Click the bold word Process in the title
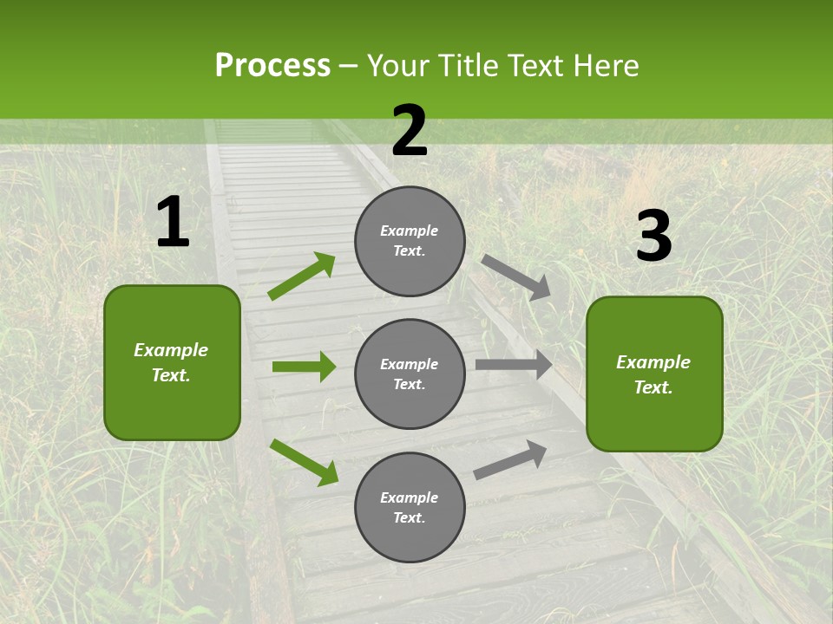272,66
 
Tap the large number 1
173,222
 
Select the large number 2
410,131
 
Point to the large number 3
653,237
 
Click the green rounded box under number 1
172,362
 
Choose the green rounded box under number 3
654,374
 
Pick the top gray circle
410,241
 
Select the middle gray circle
410,374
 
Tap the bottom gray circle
410,507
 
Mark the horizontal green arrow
304,367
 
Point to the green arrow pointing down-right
304,462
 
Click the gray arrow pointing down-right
516,277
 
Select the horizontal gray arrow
514,365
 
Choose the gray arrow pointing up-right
510,459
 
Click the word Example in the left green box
171,350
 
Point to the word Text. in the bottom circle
410,517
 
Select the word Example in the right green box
653,362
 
